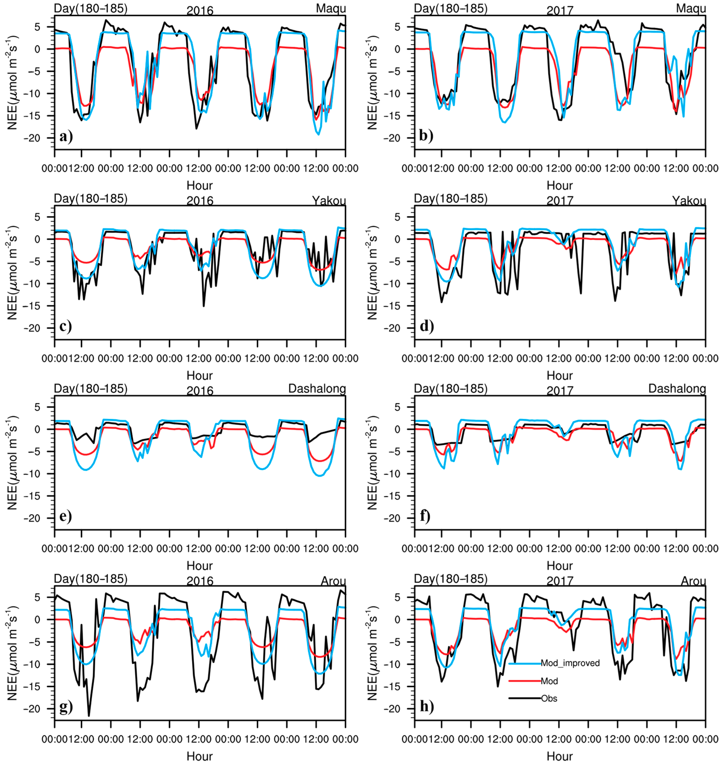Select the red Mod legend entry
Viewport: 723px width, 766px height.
point(549,681)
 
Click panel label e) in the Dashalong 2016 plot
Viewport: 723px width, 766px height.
point(66,516)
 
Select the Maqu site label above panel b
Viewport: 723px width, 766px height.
point(691,8)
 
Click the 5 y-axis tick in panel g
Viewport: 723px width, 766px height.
point(37,597)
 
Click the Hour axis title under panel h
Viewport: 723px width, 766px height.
point(560,756)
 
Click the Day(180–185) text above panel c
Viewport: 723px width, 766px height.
point(91,198)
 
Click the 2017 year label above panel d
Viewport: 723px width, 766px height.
point(560,200)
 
